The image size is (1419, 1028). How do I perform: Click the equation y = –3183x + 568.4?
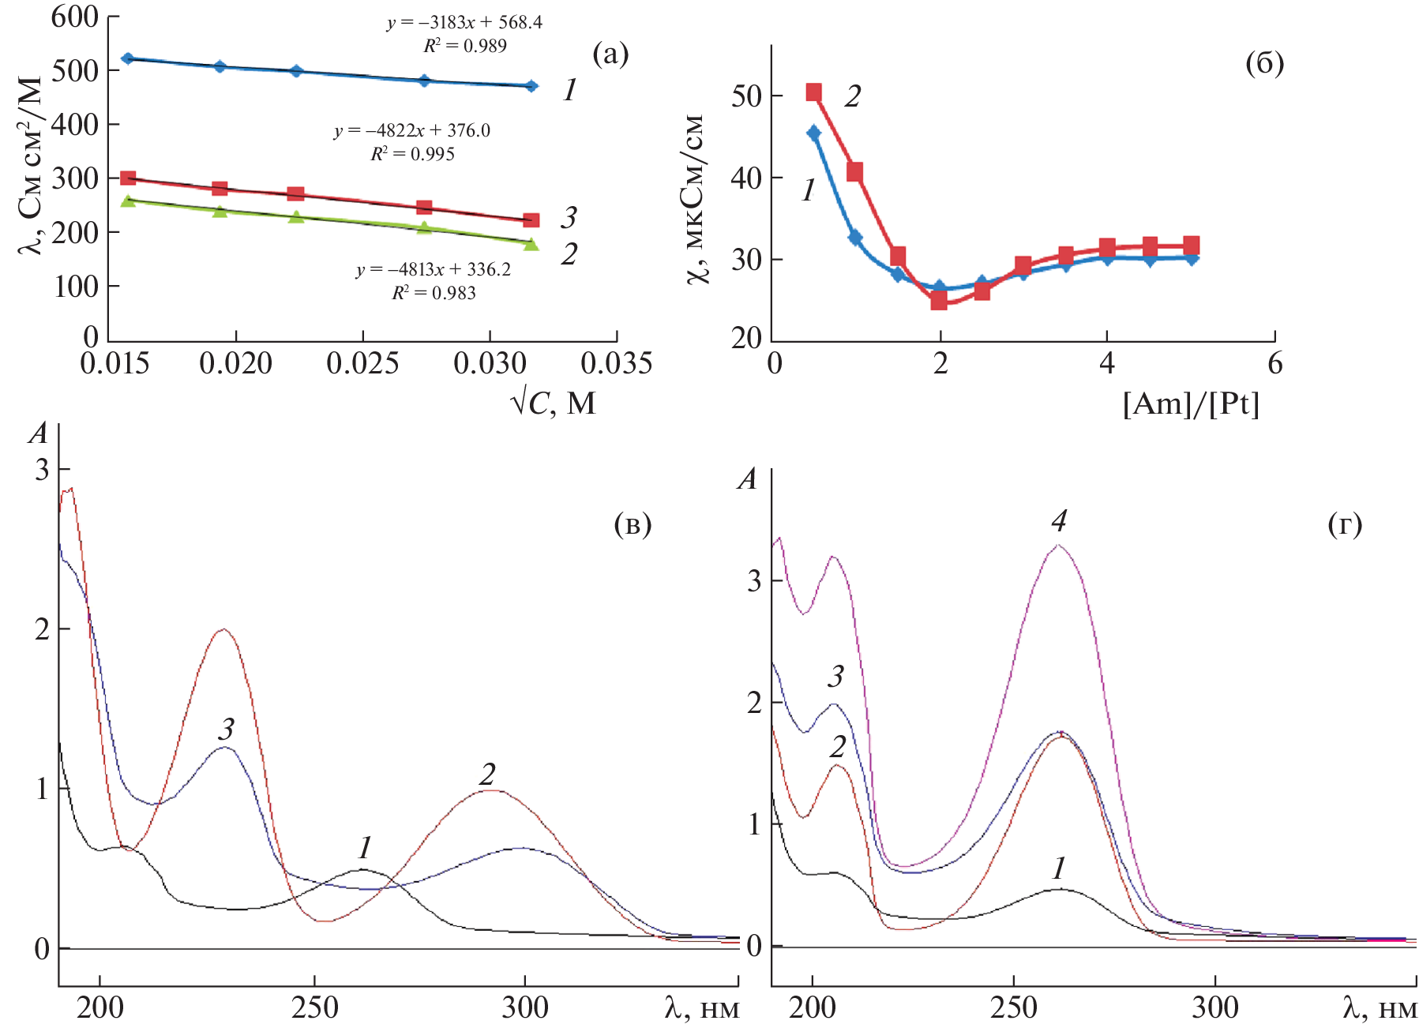(x=464, y=22)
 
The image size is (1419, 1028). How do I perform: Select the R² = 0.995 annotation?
(x=412, y=154)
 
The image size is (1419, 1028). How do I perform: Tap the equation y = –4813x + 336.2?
(x=433, y=270)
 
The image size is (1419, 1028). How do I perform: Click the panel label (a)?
(x=610, y=54)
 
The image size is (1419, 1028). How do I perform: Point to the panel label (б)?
(x=1264, y=62)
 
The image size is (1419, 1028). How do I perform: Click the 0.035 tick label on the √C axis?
(x=616, y=363)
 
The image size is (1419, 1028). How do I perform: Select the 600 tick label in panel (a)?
(x=74, y=17)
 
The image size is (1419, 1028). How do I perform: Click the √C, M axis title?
(x=553, y=403)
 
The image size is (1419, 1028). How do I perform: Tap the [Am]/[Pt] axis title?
(x=1191, y=404)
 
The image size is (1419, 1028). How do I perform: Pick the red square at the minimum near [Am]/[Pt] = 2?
(x=939, y=300)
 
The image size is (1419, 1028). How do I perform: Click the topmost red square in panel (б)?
(x=813, y=92)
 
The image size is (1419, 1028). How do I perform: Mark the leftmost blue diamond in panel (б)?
(x=813, y=133)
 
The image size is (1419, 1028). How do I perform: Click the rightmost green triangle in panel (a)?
(x=531, y=244)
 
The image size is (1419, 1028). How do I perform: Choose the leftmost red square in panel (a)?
(x=128, y=178)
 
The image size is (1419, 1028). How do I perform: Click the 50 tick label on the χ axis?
(x=746, y=96)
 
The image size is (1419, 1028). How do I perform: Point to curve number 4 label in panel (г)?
(x=1059, y=520)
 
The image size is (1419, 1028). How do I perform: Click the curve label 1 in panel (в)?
(x=364, y=848)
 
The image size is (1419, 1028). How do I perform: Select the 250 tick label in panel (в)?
(x=315, y=1007)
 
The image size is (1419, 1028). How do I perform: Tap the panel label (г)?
(x=1345, y=523)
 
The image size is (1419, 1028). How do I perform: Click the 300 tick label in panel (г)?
(x=1214, y=1007)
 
